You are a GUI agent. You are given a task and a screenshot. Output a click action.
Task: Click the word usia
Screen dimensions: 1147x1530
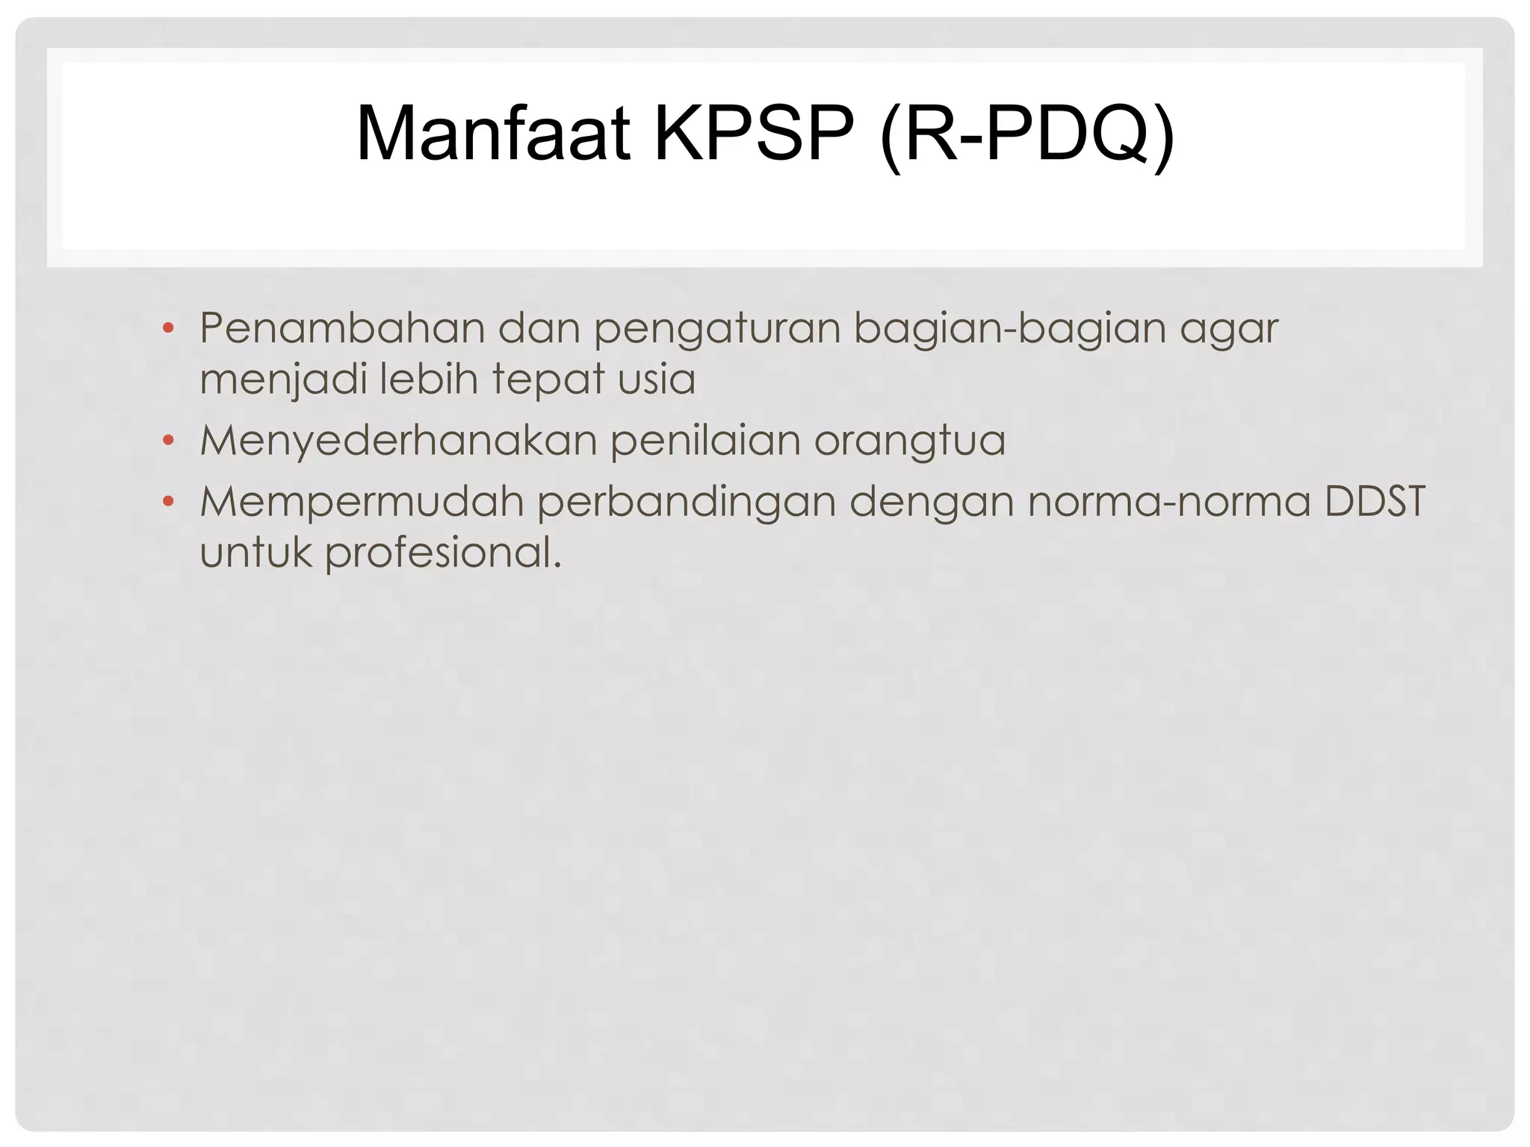point(657,379)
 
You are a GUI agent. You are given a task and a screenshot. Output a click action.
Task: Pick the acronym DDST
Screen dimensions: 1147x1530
point(1375,501)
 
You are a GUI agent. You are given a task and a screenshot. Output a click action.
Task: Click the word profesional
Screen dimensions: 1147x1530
point(442,554)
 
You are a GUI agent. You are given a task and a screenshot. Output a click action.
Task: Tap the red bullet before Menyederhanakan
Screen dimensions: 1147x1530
point(168,441)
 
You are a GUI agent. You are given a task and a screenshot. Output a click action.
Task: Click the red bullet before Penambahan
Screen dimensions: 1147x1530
point(168,328)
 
